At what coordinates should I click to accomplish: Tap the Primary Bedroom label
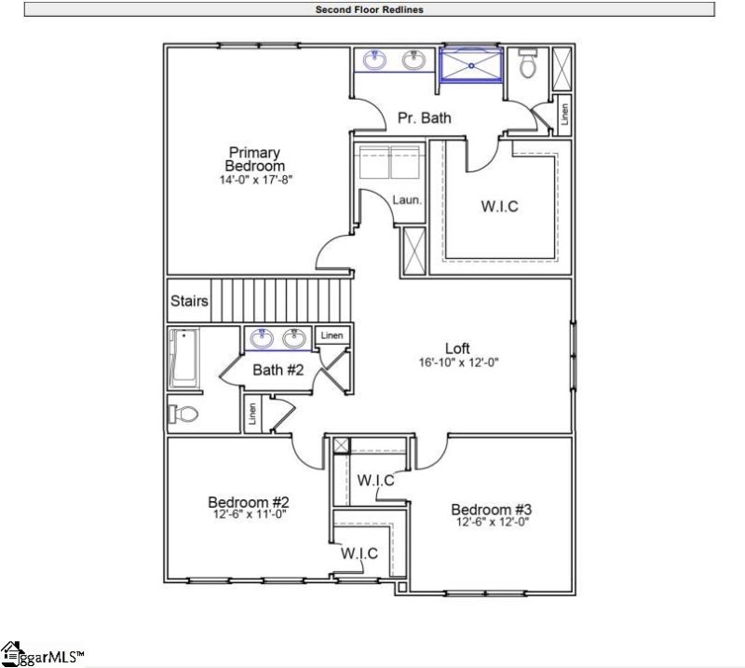[254, 159]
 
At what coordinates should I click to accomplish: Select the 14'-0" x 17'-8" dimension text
[254, 180]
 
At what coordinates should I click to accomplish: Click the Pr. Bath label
[424, 118]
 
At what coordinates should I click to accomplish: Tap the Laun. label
[407, 199]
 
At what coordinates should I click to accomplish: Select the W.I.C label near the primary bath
[499, 207]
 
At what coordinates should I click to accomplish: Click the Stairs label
[189, 302]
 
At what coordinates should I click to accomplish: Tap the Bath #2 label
[279, 371]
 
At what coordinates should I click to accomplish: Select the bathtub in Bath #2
[184, 358]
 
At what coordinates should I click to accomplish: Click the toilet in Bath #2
[183, 413]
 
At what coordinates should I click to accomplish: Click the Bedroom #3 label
[491, 510]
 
